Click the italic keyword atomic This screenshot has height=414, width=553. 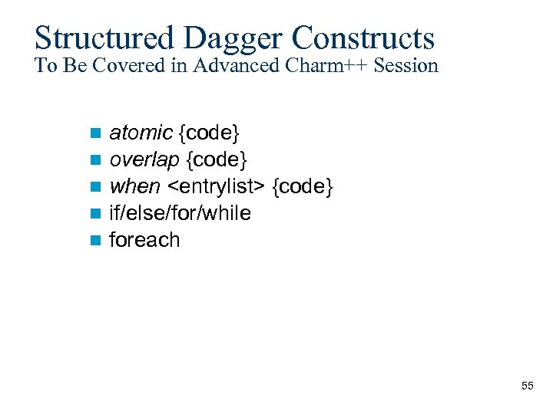coord(141,133)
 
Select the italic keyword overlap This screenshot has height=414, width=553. coord(145,160)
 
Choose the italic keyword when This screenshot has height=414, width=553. coord(135,186)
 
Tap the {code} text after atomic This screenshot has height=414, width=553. coord(209,133)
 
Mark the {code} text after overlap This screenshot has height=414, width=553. coord(217,160)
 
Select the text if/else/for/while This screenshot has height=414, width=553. coord(180,213)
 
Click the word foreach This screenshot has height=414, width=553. coord(145,240)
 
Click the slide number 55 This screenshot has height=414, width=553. coord(527,386)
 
